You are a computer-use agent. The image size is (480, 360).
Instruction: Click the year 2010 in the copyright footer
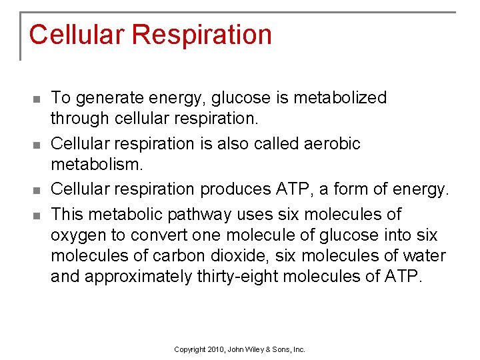point(210,349)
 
